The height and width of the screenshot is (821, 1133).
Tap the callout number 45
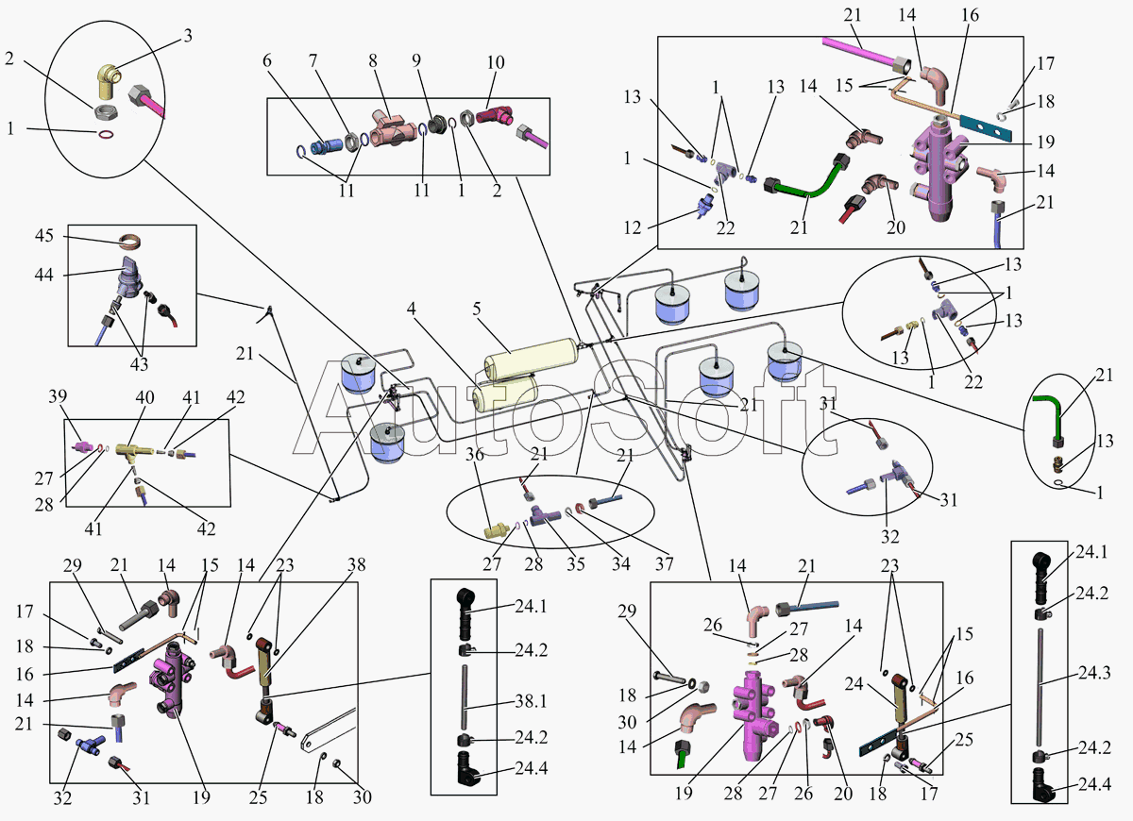click(x=44, y=236)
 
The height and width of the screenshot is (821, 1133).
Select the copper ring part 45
click(x=129, y=242)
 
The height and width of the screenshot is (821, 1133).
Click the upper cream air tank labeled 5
click(x=531, y=358)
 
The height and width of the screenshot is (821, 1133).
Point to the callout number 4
click(x=412, y=309)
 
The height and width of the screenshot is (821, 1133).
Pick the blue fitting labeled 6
click(x=326, y=146)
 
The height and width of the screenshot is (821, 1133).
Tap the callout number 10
click(x=496, y=62)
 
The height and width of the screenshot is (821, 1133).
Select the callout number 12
click(x=633, y=227)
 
